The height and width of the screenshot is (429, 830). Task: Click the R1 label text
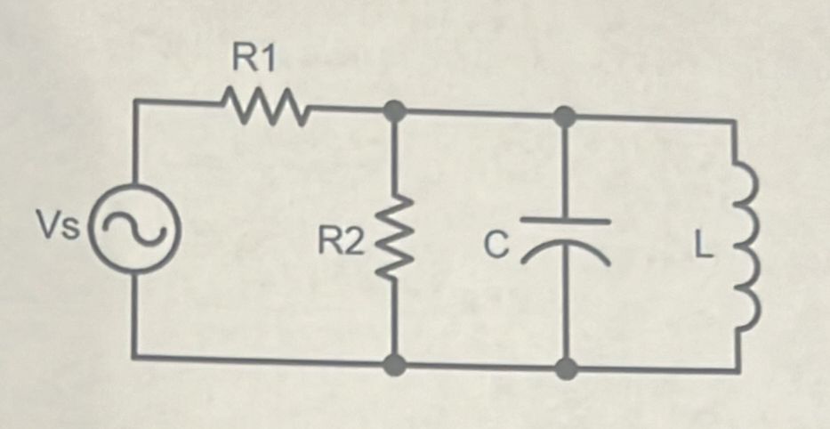(255, 60)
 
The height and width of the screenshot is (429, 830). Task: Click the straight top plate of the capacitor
(565, 219)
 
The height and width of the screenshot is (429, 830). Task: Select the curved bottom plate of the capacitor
(565, 252)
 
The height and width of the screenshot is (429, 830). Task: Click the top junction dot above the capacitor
(564, 114)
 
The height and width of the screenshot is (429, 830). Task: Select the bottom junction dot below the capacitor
(564, 367)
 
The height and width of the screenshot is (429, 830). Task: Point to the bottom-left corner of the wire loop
(136, 356)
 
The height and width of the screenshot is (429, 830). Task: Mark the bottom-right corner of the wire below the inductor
(736, 369)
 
